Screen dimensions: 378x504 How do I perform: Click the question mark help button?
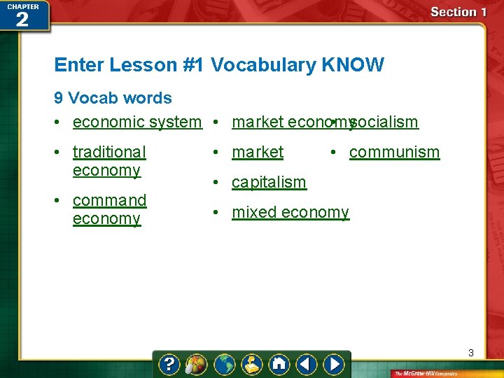click(x=169, y=365)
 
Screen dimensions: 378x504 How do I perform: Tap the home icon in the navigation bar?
click(x=279, y=365)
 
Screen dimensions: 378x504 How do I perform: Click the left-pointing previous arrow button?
click(x=306, y=365)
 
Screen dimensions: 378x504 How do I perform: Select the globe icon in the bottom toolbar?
click(x=224, y=365)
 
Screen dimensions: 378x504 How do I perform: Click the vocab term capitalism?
click(x=269, y=182)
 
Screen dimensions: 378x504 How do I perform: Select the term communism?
click(x=394, y=152)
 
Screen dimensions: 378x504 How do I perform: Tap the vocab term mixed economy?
click(x=290, y=212)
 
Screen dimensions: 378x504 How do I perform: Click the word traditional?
click(x=109, y=152)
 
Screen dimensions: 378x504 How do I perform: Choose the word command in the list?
click(x=109, y=200)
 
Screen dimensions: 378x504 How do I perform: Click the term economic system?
click(x=136, y=122)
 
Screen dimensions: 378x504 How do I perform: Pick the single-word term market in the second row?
click(x=258, y=152)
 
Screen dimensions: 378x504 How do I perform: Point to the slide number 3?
click(x=471, y=353)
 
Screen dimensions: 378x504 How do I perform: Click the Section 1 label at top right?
click(x=458, y=12)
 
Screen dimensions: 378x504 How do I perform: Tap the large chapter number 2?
click(x=22, y=19)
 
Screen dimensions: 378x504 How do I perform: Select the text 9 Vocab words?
click(x=113, y=98)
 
